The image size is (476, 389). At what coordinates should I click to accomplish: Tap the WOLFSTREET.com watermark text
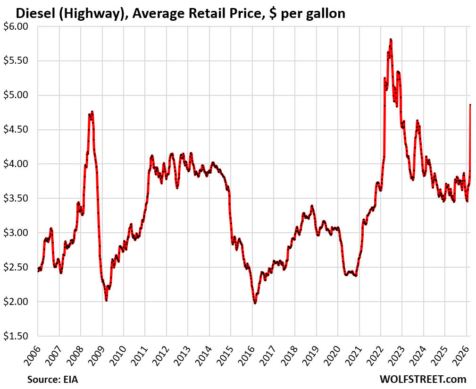[x=423, y=379]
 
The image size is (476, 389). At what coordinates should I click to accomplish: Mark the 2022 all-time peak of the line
[x=391, y=40]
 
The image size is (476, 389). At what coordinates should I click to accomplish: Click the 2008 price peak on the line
[x=92, y=112]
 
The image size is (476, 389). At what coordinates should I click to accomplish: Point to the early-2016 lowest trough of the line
[x=255, y=303]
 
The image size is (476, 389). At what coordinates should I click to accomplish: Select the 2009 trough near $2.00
[x=106, y=300]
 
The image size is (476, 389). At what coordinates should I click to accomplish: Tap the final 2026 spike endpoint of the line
[x=470, y=105]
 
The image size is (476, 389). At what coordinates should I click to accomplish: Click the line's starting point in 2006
[x=38, y=271]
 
